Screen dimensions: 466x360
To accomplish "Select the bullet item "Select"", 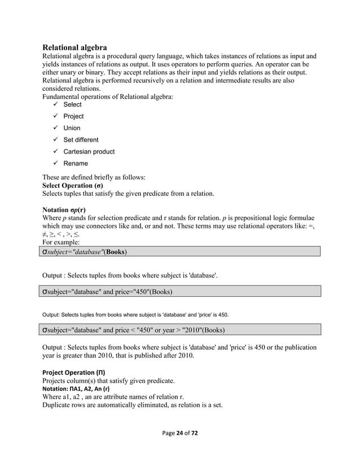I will click(x=72, y=104).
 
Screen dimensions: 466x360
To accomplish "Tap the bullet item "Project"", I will click(x=73, y=116).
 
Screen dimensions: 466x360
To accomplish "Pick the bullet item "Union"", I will click(x=72, y=128).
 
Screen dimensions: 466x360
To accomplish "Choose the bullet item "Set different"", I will click(x=81, y=140).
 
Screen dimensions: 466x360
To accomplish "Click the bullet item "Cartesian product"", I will click(x=89, y=152).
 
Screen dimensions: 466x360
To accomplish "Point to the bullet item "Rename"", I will click(x=76, y=164).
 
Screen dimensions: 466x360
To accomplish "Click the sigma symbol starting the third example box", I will click(x=46, y=329).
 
